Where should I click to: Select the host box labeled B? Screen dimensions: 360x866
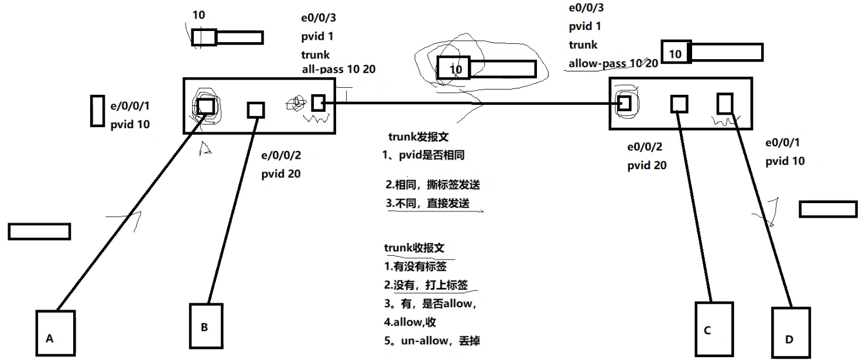(x=206, y=325)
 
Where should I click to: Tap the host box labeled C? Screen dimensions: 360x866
(x=714, y=329)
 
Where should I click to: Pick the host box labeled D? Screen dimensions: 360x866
(x=790, y=333)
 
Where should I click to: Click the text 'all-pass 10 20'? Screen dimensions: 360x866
(x=338, y=69)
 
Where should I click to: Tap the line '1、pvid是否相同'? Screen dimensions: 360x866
(x=423, y=156)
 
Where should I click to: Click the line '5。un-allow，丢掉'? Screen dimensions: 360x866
(x=432, y=340)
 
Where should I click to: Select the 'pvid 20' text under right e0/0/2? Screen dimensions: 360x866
(x=646, y=166)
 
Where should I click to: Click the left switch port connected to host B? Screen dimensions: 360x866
(x=256, y=109)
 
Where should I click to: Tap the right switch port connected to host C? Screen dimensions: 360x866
(x=679, y=104)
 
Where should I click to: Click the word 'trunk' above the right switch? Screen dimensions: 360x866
(x=583, y=44)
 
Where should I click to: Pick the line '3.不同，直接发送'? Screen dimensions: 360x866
(x=427, y=204)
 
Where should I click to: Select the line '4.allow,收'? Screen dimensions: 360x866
(x=410, y=322)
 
